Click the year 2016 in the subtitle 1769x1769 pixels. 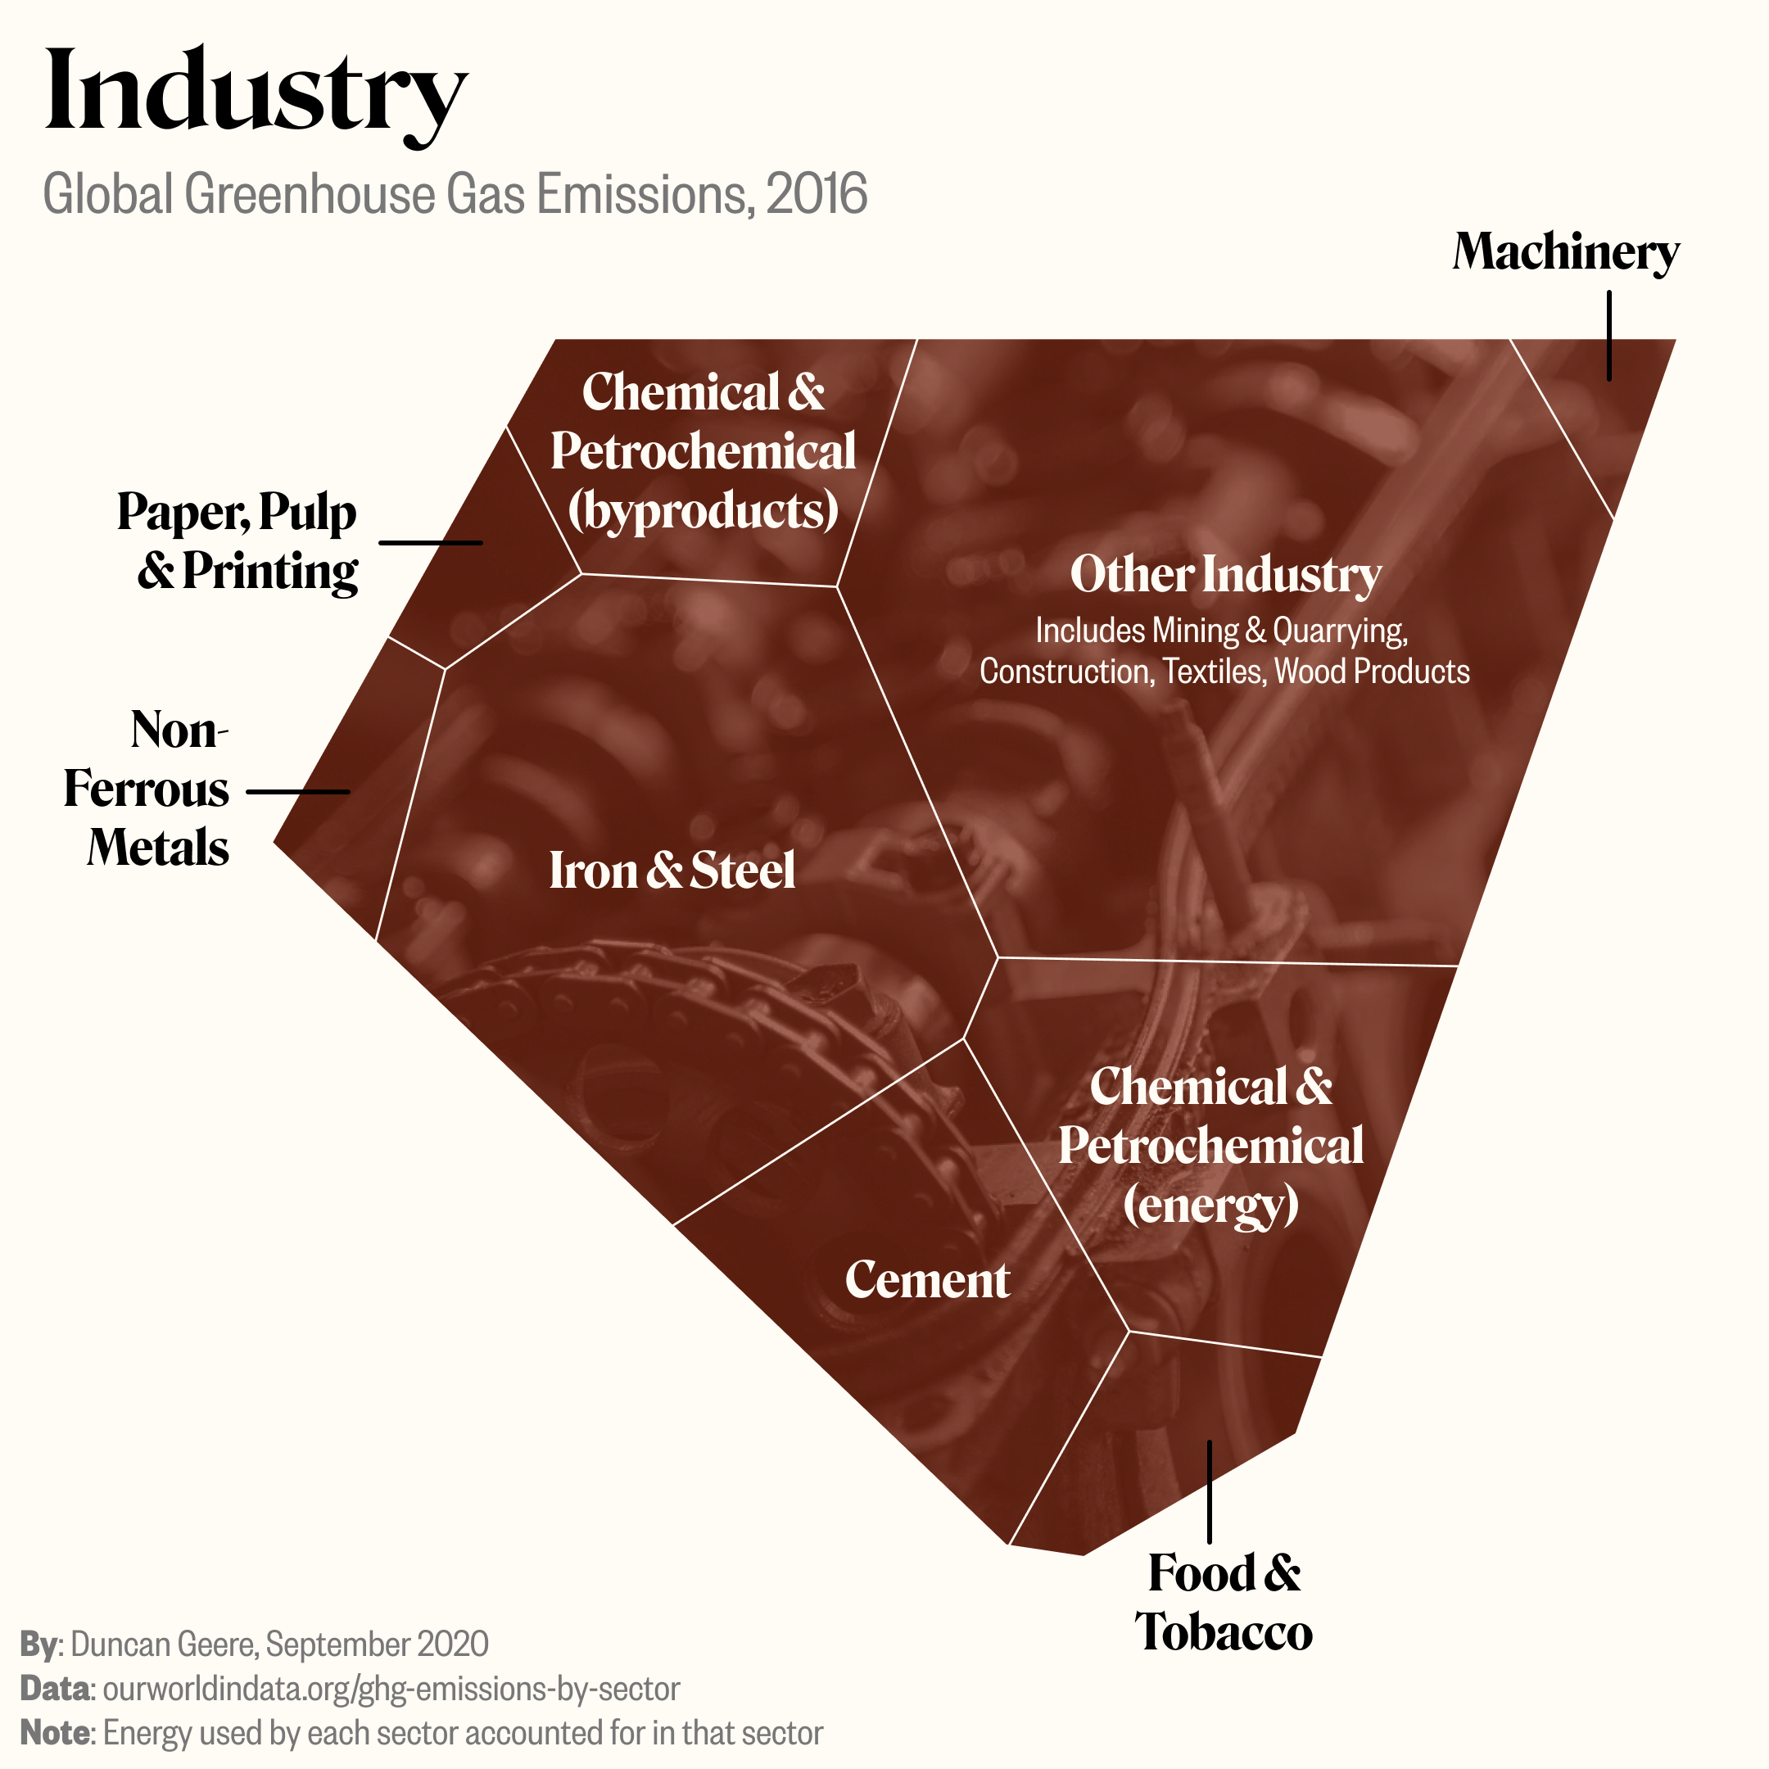coord(816,194)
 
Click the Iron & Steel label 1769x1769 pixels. coord(672,870)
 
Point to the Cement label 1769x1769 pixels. coord(926,1279)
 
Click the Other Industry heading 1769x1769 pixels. coord(1225,574)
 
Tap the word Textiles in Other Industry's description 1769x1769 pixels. coord(1214,672)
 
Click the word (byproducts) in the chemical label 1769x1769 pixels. coord(703,510)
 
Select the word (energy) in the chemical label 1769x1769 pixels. coord(1210,1204)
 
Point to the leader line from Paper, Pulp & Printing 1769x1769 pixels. coord(430,543)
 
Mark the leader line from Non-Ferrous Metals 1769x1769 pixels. coord(297,791)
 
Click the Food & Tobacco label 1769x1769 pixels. coord(1224,1603)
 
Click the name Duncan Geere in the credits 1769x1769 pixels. coord(165,1645)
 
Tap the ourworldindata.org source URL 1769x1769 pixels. coord(391,1689)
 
